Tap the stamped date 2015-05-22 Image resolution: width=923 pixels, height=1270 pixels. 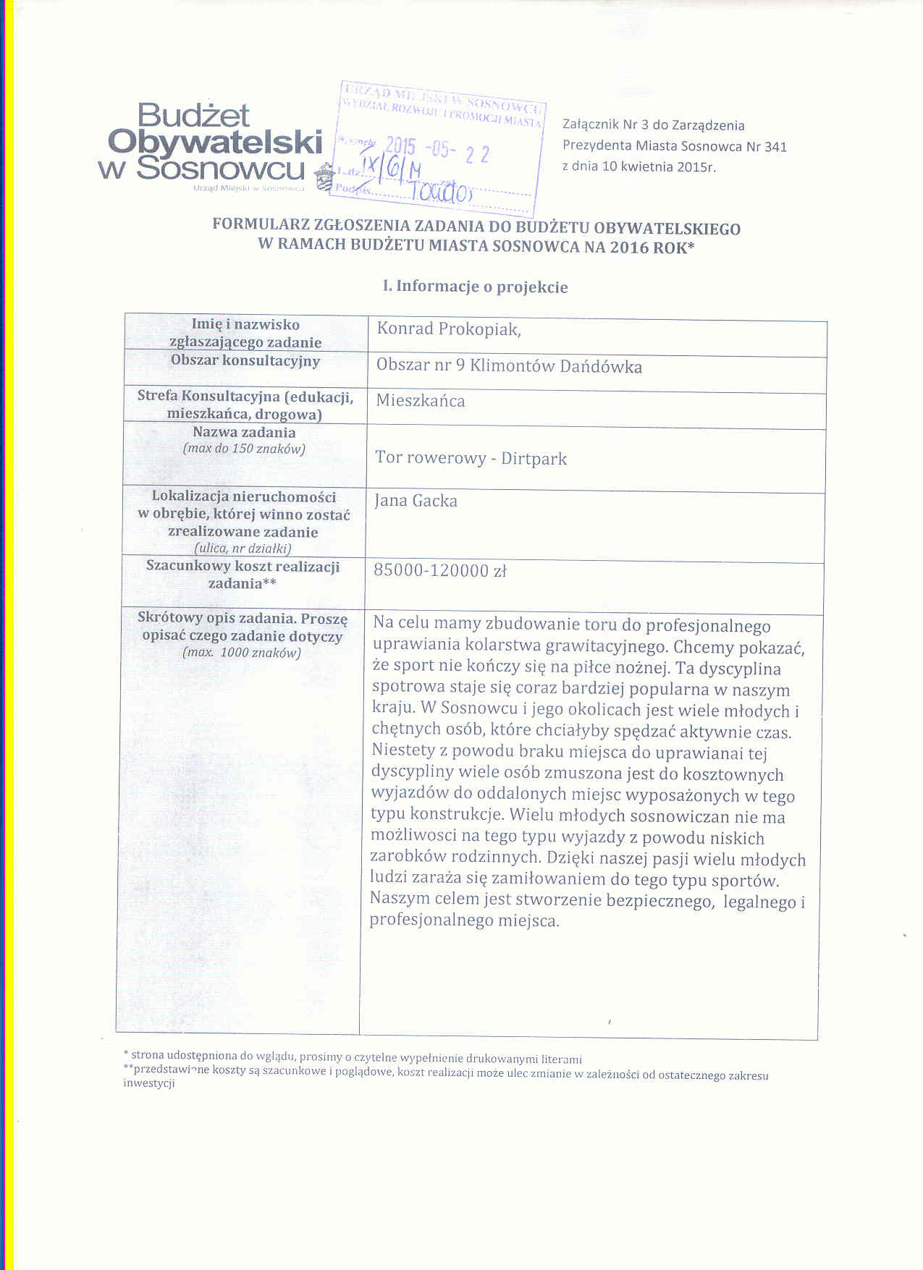(x=437, y=151)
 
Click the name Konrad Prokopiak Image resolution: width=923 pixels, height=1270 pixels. (x=447, y=329)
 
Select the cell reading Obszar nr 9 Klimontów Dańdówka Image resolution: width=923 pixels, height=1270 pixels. (x=509, y=366)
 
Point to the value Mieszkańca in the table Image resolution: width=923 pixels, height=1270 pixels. (x=421, y=401)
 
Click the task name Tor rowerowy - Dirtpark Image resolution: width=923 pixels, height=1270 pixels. (x=471, y=458)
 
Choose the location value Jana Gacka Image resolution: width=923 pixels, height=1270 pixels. (x=416, y=501)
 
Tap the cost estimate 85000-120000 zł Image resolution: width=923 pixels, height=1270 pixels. (x=439, y=571)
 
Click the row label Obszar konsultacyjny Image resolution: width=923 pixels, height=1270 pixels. (x=245, y=360)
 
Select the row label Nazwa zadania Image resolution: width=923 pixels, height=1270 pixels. (x=244, y=432)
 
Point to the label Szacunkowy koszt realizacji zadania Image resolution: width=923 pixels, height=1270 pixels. (x=243, y=575)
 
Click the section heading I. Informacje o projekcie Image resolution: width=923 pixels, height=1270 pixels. (x=475, y=287)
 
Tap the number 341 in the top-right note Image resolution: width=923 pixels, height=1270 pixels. (x=775, y=146)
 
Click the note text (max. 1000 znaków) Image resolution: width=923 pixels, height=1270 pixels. (x=242, y=653)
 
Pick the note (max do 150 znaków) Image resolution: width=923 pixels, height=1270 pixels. (x=244, y=449)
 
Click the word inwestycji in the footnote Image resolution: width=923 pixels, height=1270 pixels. (x=149, y=1083)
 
